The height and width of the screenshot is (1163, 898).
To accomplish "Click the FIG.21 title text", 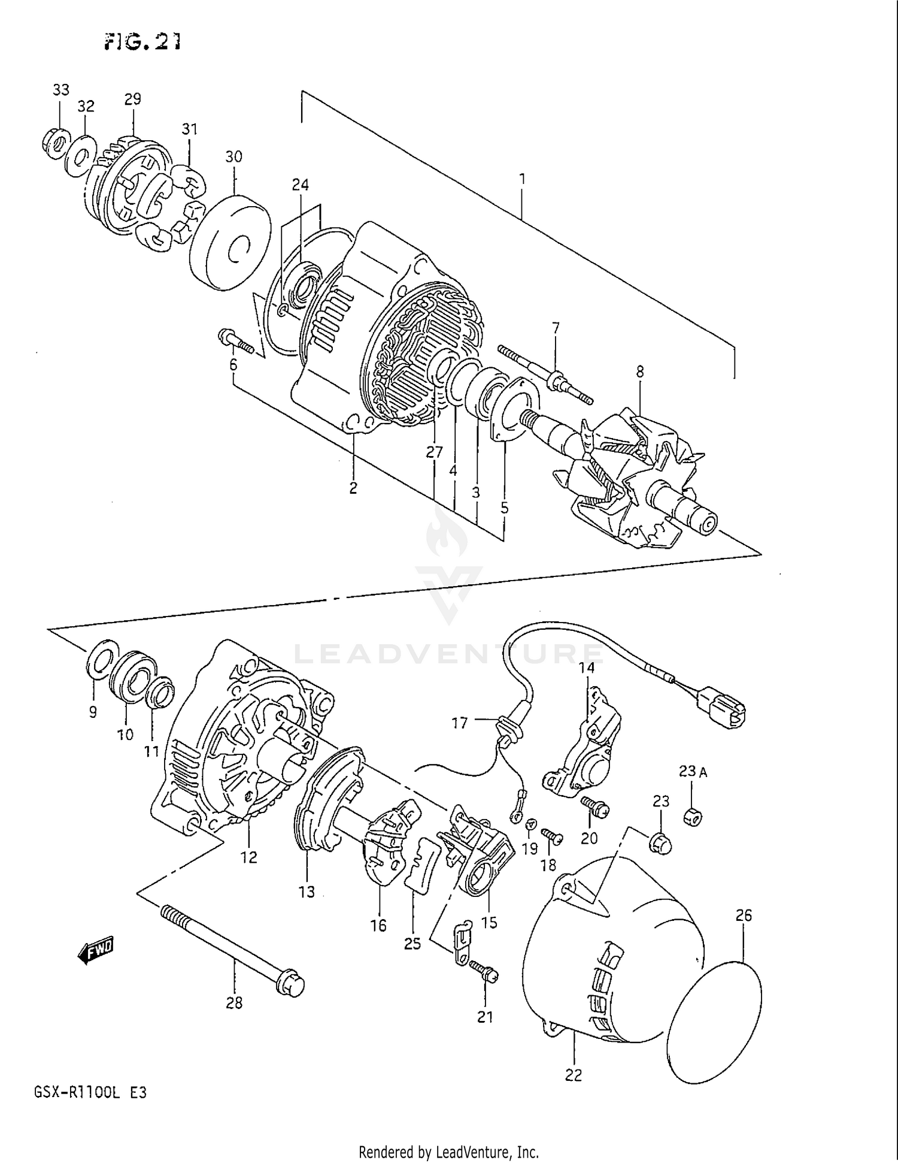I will (142, 41).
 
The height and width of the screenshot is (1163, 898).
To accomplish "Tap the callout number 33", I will (60, 90).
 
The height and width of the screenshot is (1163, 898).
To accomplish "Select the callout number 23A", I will (692, 772).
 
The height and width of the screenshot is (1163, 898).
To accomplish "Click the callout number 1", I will (522, 179).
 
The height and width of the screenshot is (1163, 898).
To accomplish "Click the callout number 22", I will (573, 1076).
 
